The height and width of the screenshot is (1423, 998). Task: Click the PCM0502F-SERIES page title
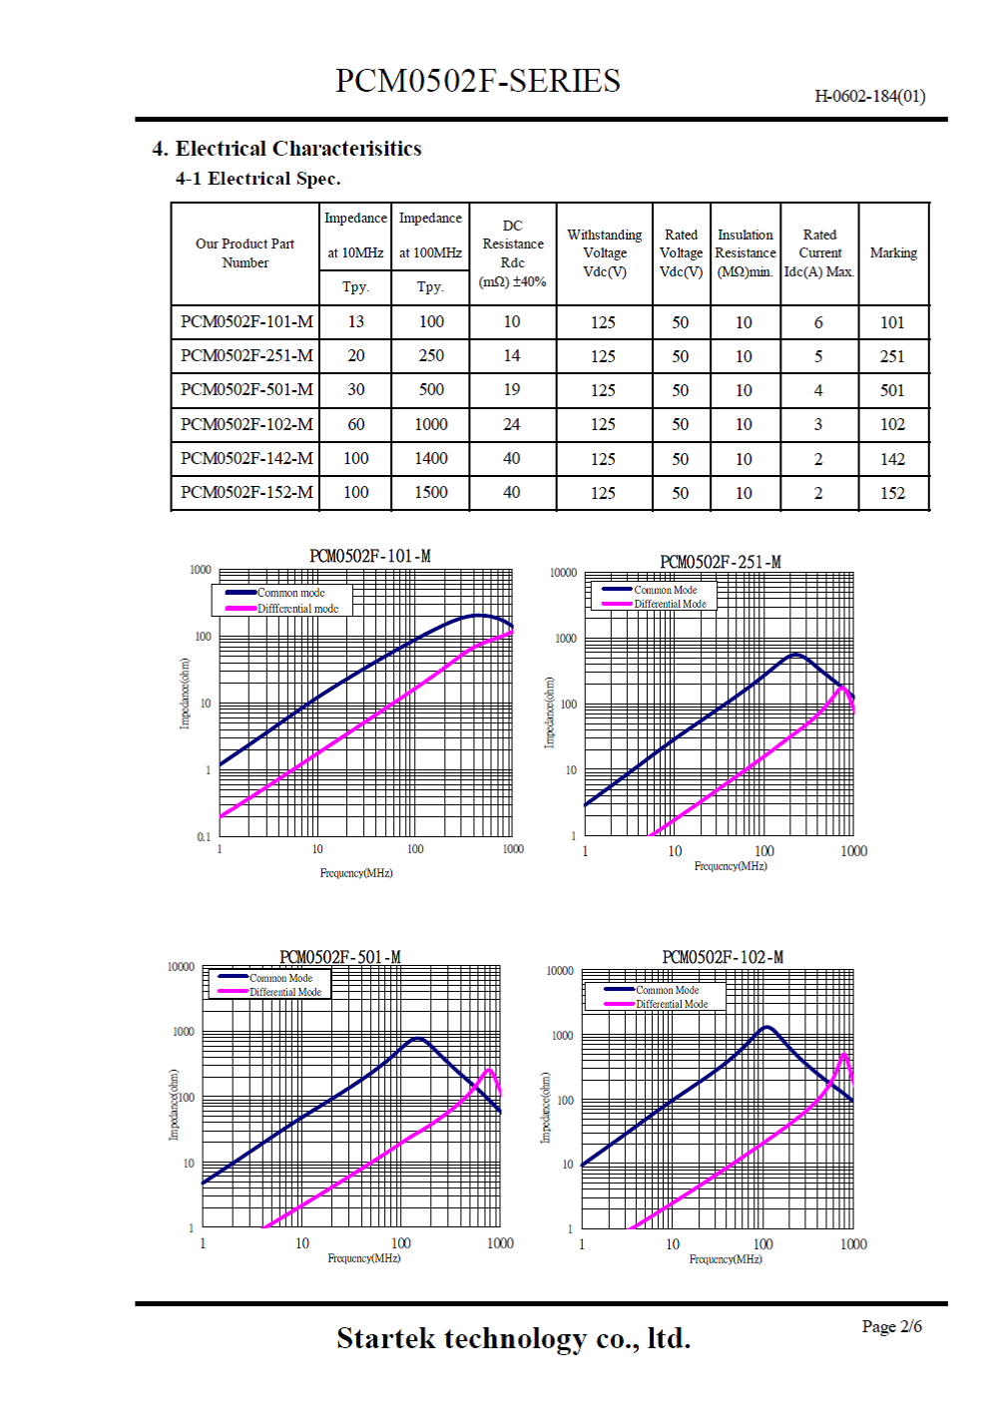(477, 81)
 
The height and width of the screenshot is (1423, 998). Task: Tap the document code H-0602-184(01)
(869, 97)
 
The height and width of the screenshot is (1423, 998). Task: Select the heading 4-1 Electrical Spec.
(257, 179)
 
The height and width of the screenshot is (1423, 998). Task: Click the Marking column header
(893, 253)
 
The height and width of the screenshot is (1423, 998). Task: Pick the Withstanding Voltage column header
(604, 253)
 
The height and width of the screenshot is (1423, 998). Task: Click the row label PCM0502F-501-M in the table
(247, 390)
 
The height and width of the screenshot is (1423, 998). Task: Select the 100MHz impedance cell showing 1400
(430, 459)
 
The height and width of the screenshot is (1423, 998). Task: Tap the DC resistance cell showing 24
(511, 424)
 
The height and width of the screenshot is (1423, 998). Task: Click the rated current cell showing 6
(818, 322)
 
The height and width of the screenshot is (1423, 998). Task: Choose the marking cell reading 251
(892, 356)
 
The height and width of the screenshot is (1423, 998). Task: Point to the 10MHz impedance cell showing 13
(355, 322)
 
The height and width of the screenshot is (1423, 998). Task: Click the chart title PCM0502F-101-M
(369, 556)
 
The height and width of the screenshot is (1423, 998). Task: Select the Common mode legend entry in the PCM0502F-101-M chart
(290, 593)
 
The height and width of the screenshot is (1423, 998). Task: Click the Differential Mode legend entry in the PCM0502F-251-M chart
(670, 604)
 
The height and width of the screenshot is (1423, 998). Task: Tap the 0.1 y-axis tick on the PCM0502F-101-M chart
(204, 837)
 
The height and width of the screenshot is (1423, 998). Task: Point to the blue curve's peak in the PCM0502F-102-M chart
(766, 1027)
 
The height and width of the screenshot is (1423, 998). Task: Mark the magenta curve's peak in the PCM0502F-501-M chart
(489, 1070)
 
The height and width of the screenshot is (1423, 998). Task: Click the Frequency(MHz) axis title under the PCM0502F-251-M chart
(731, 866)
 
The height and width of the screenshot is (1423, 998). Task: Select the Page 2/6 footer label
(891, 1326)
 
